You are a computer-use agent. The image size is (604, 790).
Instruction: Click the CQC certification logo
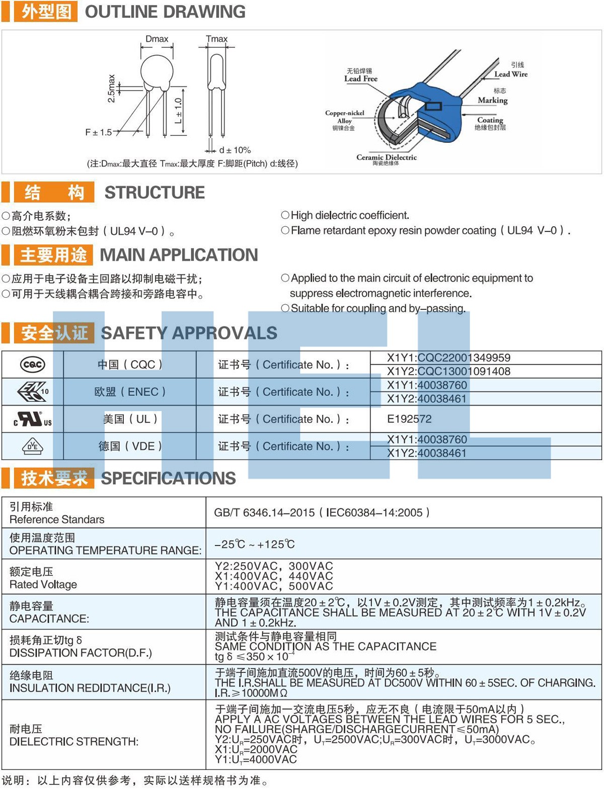point(32,365)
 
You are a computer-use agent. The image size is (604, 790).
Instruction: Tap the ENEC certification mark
point(33,392)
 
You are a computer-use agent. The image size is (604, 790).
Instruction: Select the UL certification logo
point(33,419)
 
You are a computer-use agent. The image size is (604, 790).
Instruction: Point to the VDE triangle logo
point(33,446)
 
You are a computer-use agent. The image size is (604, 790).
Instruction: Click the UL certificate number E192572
point(409,419)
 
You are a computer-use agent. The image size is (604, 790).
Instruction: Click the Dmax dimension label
point(157,39)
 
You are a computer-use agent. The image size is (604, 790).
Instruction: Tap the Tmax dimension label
point(216,39)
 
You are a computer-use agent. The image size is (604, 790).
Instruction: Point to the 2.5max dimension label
point(111,89)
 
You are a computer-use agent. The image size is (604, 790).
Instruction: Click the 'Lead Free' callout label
point(360,78)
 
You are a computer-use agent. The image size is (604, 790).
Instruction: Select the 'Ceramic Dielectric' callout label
point(386,157)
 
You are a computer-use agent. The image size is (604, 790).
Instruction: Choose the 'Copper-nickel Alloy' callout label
point(344,117)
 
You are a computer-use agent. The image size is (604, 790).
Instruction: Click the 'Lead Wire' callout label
point(510,74)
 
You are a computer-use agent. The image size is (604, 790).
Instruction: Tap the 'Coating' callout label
point(490,120)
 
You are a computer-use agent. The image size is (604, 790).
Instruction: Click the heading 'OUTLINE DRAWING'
point(165,12)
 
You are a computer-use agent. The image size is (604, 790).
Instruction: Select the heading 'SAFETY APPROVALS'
point(189,333)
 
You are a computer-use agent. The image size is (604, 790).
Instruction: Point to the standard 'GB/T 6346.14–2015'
point(264,512)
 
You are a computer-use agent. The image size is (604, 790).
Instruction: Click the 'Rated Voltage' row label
point(43,584)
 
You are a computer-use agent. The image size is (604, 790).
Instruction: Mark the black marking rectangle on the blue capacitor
point(433,106)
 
